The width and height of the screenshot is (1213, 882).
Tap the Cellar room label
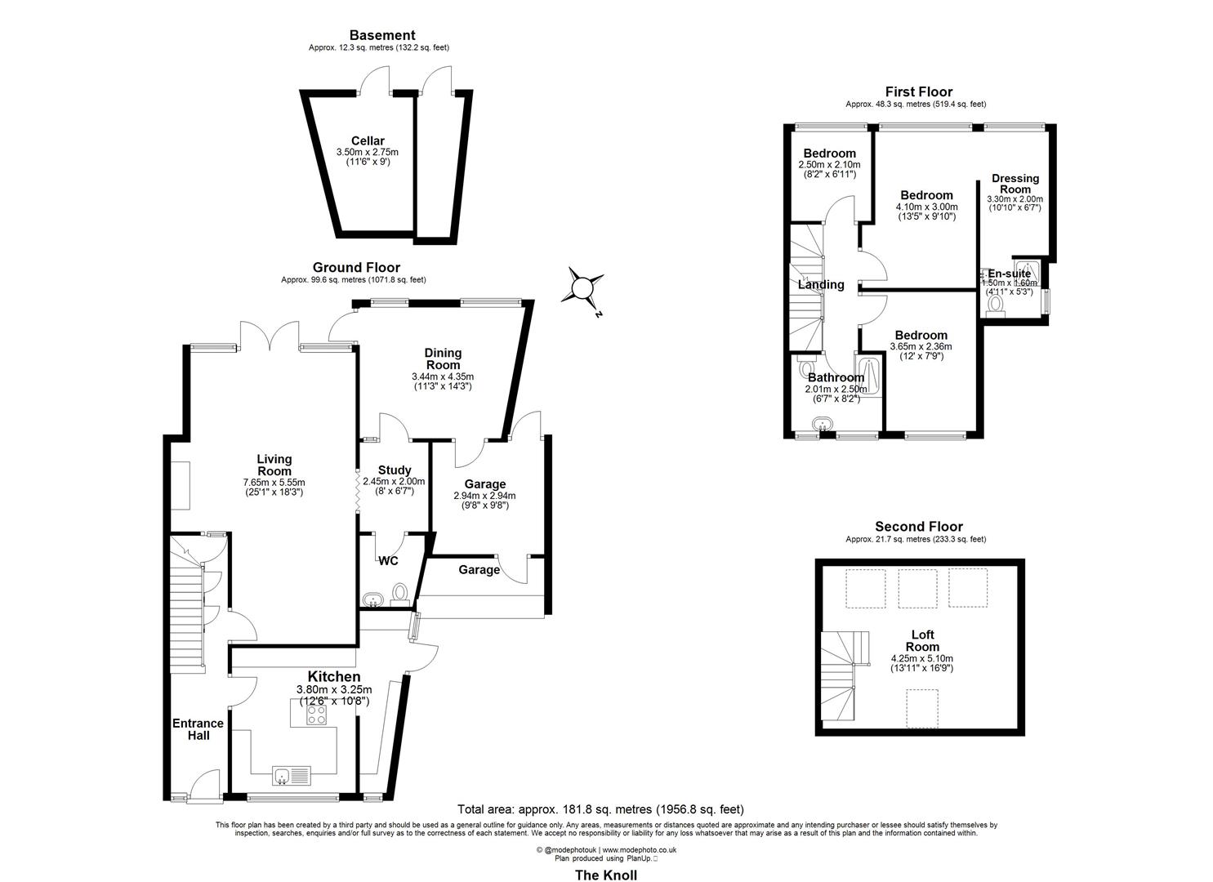[x=368, y=141]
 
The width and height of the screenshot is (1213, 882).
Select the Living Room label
[x=274, y=465]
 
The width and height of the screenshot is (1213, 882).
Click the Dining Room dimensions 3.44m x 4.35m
[x=443, y=376]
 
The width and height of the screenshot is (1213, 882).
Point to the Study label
[x=394, y=470]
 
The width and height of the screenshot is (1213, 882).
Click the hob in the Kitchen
[x=316, y=715]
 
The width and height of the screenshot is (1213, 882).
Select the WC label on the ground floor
[x=388, y=561]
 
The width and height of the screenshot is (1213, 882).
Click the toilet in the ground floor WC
[x=400, y=591]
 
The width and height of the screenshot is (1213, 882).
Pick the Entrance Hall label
[x=198, y=729]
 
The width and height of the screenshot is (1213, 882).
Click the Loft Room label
[x=922, y=640]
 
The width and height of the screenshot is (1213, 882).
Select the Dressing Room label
[x=1015, y=184]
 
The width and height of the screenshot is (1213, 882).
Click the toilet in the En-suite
[x=995, y=303]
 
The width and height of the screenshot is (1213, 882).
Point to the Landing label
[x=821, y=285]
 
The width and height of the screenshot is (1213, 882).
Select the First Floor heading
[x=919, y=91]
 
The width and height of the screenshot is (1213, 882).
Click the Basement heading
[x=382, y=35]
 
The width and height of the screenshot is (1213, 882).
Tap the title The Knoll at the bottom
[x=605, y=875]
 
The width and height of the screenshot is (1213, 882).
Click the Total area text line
[x=600, y=809]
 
